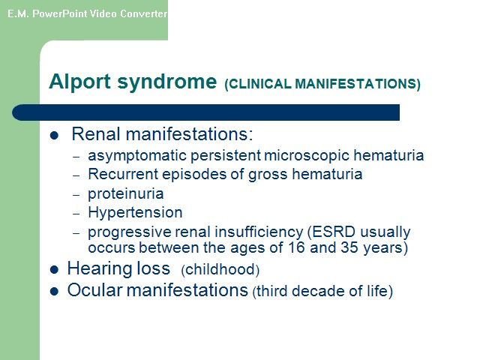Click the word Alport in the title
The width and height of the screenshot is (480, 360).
pyautogui.click(x=79, y=82)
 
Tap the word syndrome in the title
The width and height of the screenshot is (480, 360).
pyautogui.click(x=167, y=82)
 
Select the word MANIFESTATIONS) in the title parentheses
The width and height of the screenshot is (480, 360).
pyautogui.click(x=358, y=84)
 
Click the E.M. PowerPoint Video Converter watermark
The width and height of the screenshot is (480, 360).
pyautogui.click(x=87, y=13)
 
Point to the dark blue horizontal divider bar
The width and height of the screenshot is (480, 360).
pyautogui.click(x=205, y=112)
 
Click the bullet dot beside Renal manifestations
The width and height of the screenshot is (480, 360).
pyautogui.click(x=54, y=135)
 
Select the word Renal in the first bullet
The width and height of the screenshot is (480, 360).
pyautogui.click(x=96, y=134)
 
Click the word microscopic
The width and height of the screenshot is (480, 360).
pyautogui.click(x=307, y=156)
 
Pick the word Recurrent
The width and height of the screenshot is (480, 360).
pyautogui.click(x=123, y=174)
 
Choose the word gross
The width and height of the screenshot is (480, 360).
pyautogui.click(x=268, y=175)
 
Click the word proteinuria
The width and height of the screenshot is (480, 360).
pyautogui.click(x=126, y=193)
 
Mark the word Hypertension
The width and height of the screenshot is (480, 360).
pyautogui.click(x=135, y=213)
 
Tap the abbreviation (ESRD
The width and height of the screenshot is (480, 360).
pyautogui.click(x=331, y=232)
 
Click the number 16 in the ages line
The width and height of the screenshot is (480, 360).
pyautogui.click(x=296, y=247)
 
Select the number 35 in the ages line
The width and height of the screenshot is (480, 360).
pyautogui.click(x=349, y=247)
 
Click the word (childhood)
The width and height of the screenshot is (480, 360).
pyautogui.click(x=220, y=270)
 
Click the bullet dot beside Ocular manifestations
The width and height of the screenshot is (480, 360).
pyautogui.click(x=54, y=291)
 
